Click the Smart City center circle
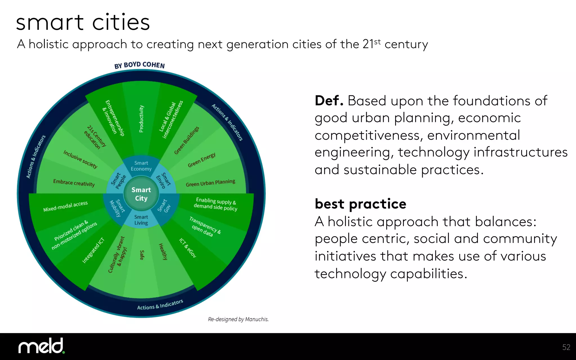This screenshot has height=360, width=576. click(141, 194)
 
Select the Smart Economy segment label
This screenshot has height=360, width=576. click(141, 166)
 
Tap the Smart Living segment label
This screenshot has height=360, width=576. click(141, 220)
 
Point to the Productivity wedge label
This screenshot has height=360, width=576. click(141, 119)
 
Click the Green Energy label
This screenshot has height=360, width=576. click(202, 160)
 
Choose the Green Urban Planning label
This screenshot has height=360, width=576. click(210, 183)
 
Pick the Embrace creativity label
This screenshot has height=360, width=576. click(74, 183)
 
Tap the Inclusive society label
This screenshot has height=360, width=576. click(80, 159)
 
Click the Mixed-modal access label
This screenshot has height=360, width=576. click(66, 206)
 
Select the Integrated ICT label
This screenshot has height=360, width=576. click(93, 250)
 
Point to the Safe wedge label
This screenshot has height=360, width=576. click(142, 255)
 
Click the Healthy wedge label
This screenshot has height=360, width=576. click(163, 251)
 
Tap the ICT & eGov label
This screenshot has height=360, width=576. click(188, 248)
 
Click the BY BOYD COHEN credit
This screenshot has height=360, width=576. click(139, 65)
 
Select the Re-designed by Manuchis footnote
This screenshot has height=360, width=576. click(238, 319)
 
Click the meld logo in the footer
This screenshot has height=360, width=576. click(42, 346)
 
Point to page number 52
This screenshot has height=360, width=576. click(566, 347)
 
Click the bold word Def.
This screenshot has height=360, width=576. click(329, 101)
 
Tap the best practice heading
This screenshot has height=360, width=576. click(361, 204)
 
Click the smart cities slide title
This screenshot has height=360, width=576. click(83, 22)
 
